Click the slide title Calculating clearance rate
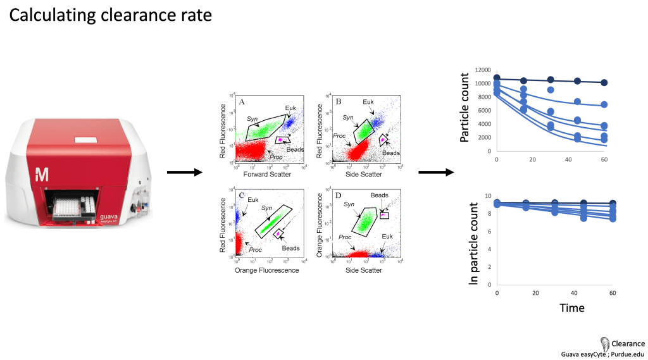[x=110, y=16]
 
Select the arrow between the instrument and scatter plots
[x=184, y=172]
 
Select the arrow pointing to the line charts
[x=437, y=172]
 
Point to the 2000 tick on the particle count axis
[x=484, y=138]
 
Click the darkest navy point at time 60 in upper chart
[x=605, y=83]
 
